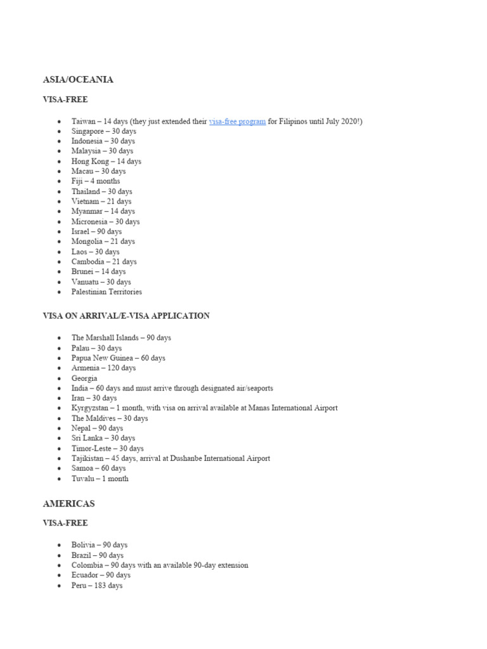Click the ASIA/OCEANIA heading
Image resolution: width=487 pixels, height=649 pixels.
click(x=78, y=80)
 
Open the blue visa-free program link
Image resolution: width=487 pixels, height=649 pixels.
click(x=237, y=121)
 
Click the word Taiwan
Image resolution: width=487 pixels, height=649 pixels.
click(x=83, y=121)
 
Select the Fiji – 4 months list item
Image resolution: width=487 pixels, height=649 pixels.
click(x=95, y=181)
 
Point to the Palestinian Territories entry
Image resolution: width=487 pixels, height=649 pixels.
click(x=107, y=292)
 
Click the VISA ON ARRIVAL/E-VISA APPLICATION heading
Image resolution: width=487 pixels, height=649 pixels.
click(x=126, y=316)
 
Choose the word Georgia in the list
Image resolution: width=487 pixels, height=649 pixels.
click(x=84, y=378)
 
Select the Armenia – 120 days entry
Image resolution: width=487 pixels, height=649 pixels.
click(x=103, y=368)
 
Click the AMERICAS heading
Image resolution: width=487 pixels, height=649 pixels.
click(x=68, y=503)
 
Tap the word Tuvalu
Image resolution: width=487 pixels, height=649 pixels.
click(x=82, y=479)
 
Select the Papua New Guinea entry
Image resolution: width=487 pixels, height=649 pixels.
click(x=118, y=358)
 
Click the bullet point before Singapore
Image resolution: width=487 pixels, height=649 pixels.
click(x=59, y=131)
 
